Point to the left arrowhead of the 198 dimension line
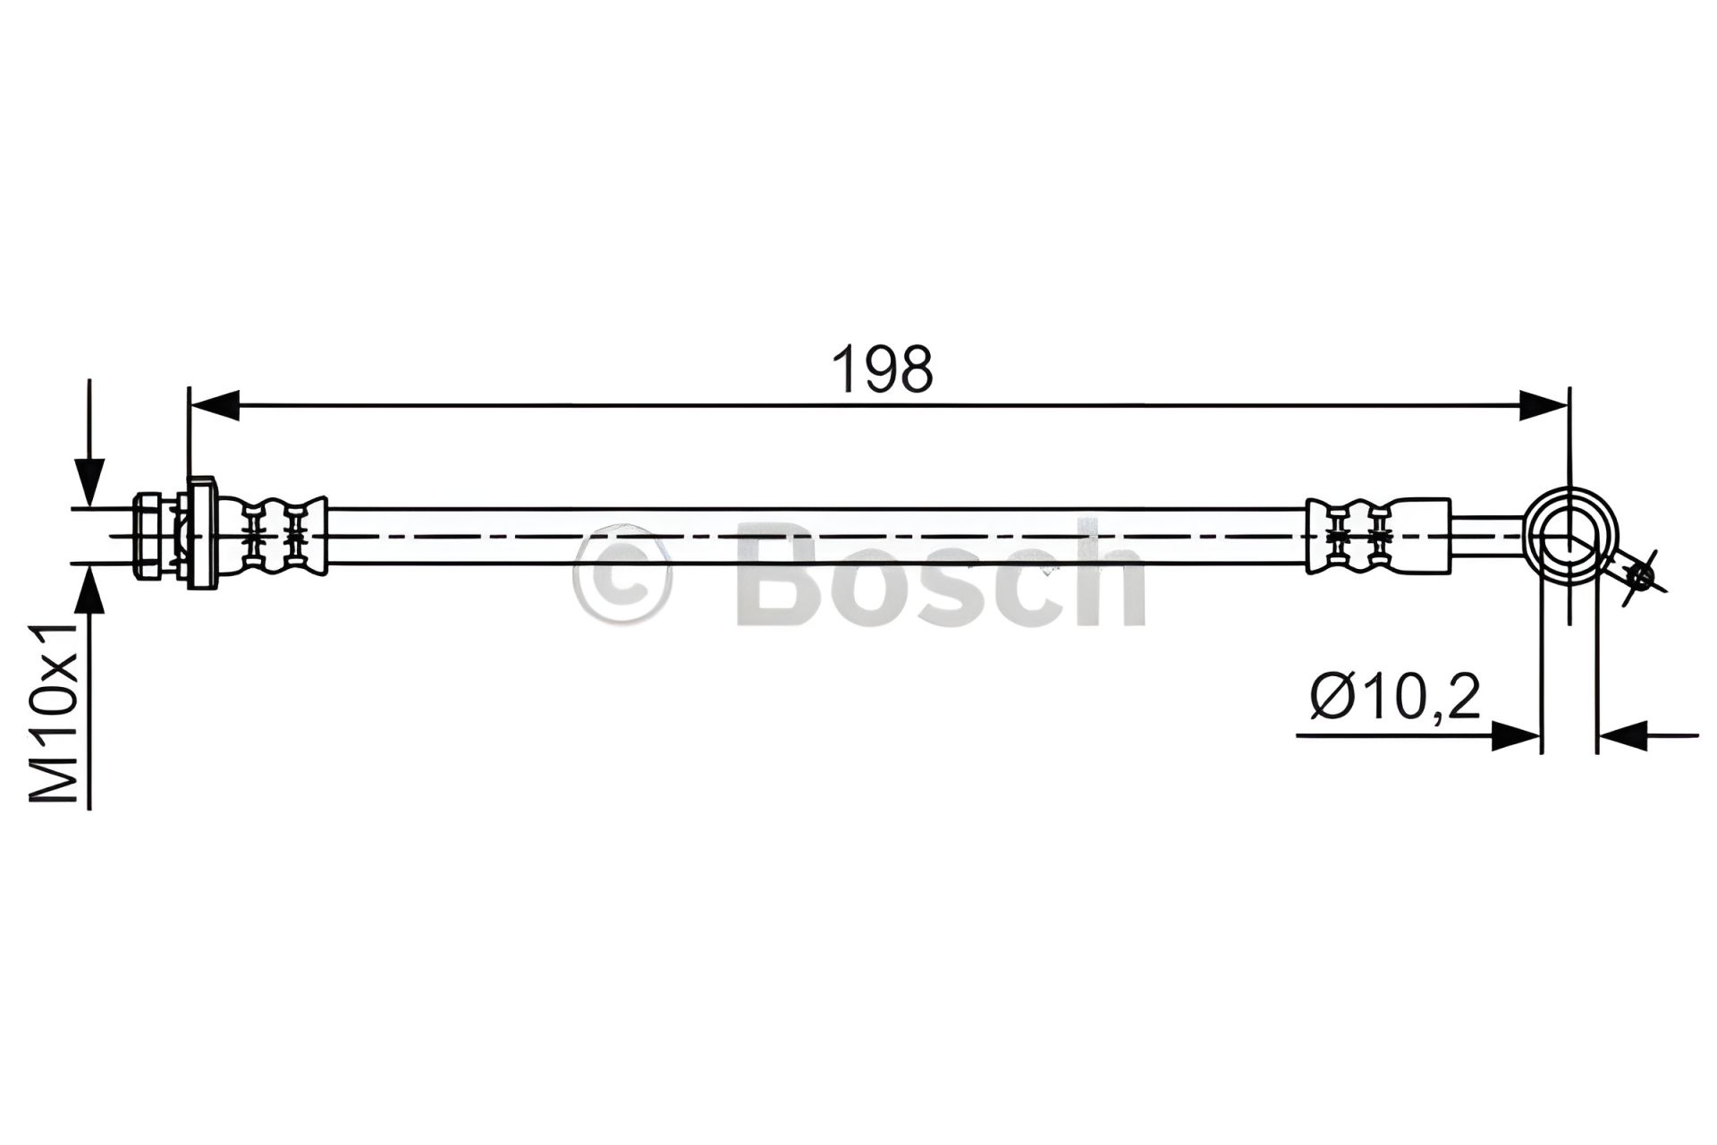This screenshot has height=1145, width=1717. click(216, 404)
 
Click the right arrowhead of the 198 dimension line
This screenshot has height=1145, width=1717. click(1543, 404)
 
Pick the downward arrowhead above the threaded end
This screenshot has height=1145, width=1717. click(89, 483)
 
